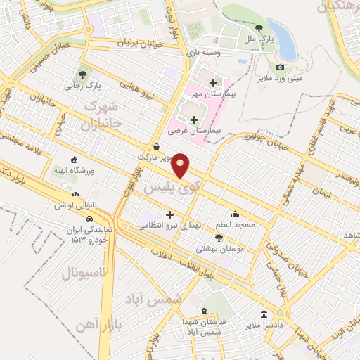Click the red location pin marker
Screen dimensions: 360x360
[181, 166]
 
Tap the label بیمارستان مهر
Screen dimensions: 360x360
[210, 93]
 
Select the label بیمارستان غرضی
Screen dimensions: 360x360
[195, 131]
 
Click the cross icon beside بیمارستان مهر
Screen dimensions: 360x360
[213, 83]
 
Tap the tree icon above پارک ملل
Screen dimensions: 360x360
[259, 29]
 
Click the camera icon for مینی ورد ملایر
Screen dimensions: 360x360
[281, 67]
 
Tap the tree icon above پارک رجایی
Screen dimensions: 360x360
[83, 74]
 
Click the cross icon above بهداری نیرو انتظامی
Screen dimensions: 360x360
[169, 214]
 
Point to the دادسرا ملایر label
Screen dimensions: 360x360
[263, 326]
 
